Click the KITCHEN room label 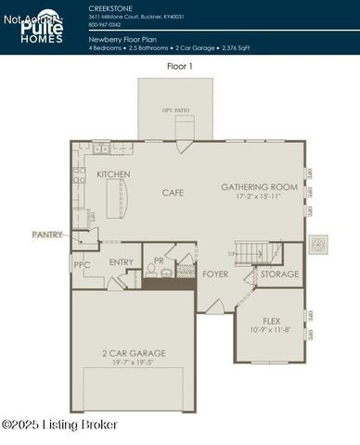click(113, 174)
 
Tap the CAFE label click(173, 192)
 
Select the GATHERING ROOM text click(259, 186)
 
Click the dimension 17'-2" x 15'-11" click(259, 197)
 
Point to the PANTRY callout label click(46, 235)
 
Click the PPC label click(82, 264)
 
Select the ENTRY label click(122, 262)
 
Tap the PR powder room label click(159, 261)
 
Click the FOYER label click(215, 273)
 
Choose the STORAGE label click(279, 273)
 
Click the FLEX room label click(272, 320)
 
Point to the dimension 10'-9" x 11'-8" click(272, 329)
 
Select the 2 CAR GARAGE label click(134, 353)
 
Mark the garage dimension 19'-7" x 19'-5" click(134, 362)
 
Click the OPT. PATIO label click(175, 110)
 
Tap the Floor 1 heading click(180, 67)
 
